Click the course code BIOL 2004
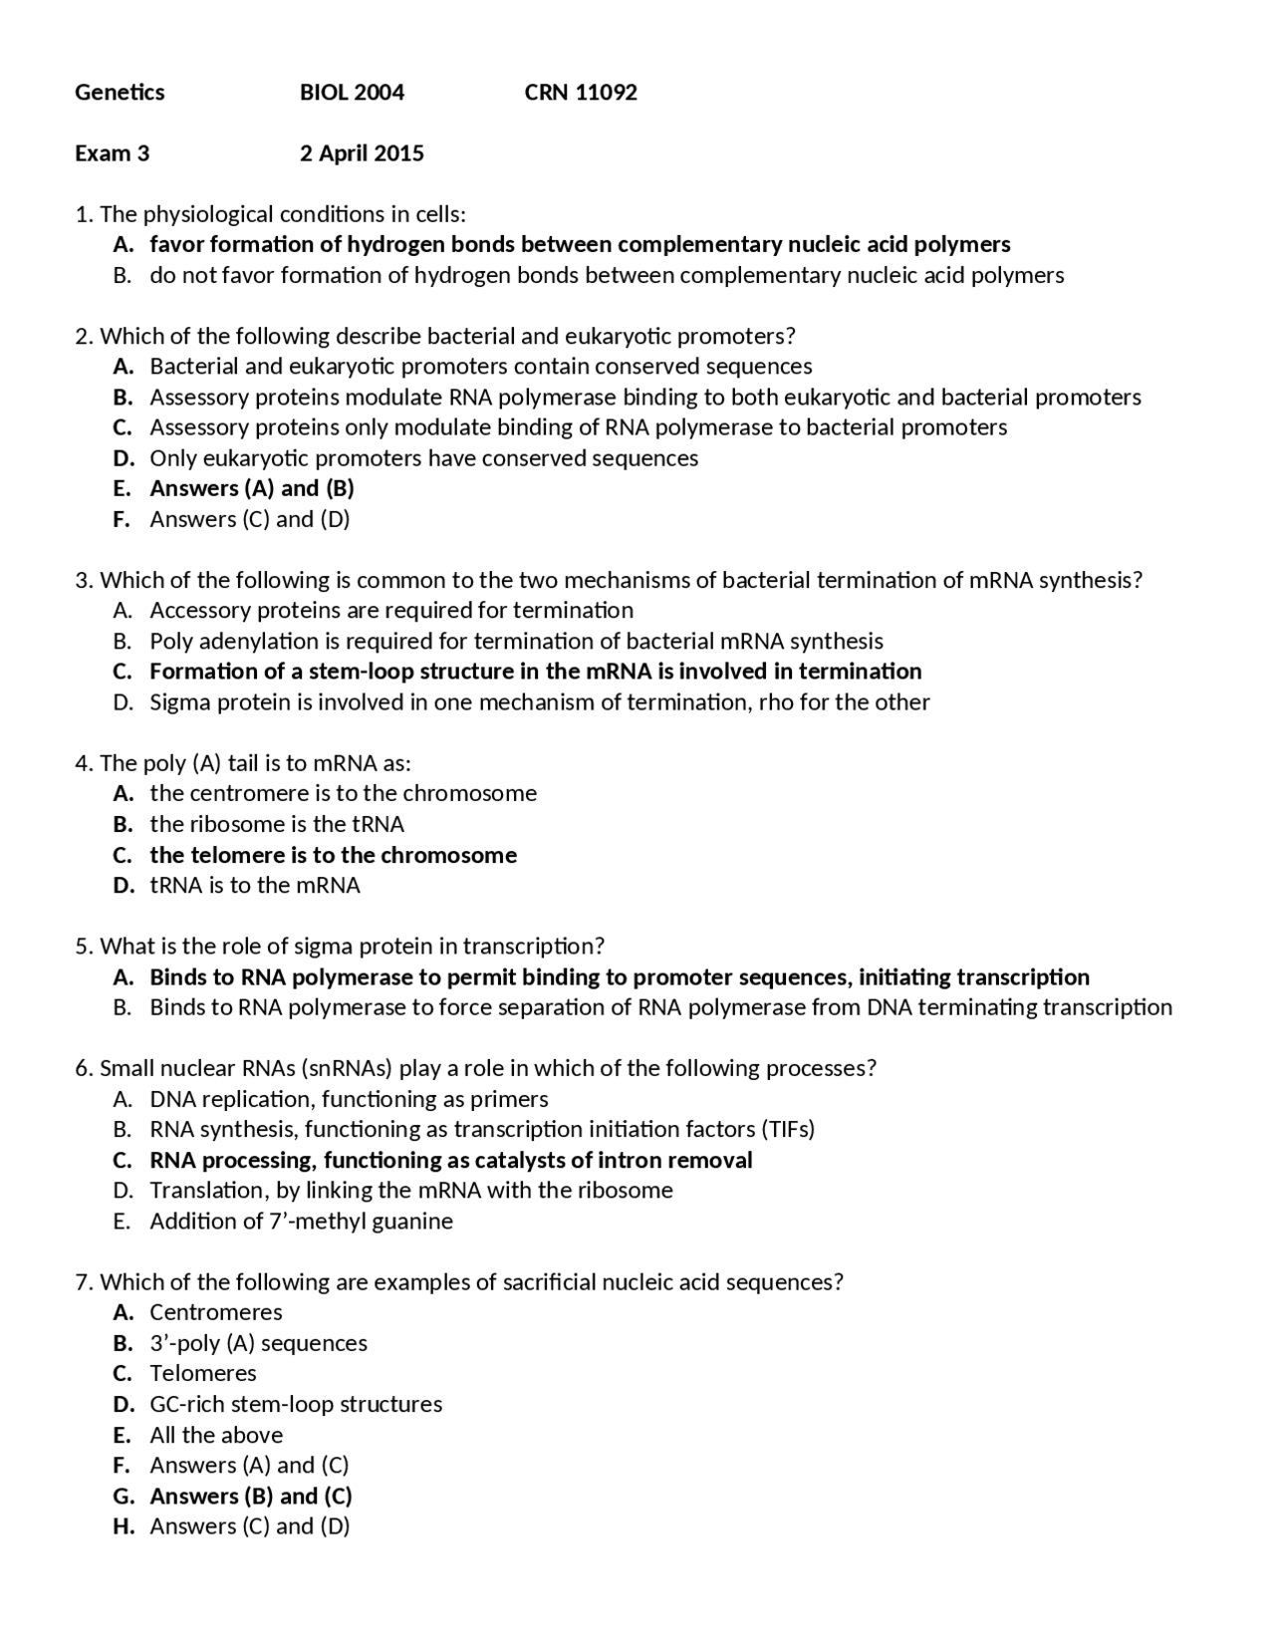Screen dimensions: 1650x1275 click(352, 93)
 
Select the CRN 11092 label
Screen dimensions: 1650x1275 click(581, 93)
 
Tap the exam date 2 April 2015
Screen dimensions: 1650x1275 click(362, 153)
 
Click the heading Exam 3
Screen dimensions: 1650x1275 click(112, 153)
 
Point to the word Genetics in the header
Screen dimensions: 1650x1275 click(120, 93)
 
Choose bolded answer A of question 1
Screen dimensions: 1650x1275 click(580, 245)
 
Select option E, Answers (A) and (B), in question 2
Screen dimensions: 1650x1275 click(252, 488)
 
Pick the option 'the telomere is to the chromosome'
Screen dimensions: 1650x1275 click(333, 855)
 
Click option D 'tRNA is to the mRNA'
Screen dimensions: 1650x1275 click(255, 886)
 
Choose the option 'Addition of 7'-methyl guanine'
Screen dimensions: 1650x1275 click(301, 1222)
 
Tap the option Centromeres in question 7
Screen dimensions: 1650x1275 click(216, 1312)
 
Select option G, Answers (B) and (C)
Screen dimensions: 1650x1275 click(251, 1497)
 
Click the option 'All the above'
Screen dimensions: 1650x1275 click(216, 1435)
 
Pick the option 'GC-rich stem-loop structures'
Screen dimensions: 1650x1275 click(296, 1405)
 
